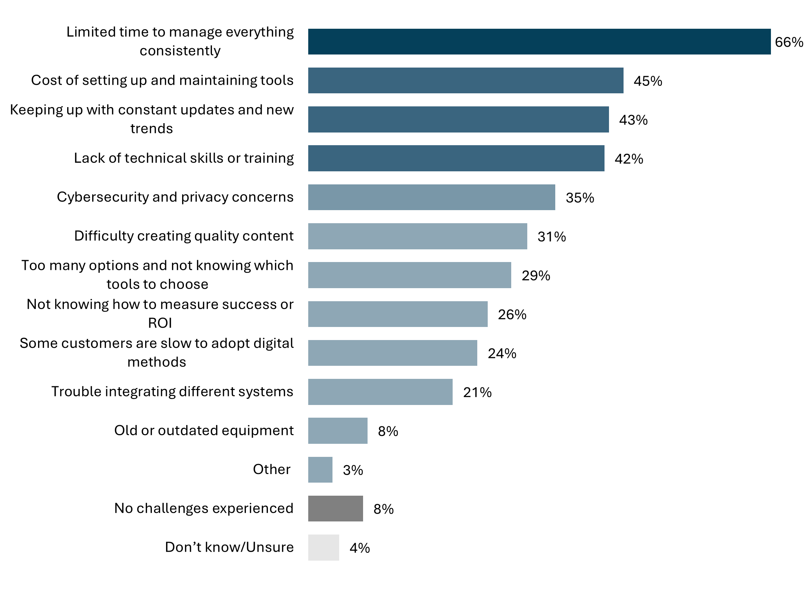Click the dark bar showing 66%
(539, 42)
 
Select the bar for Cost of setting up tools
(465, 81)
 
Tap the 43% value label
(633, 120)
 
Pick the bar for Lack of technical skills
(456, 158)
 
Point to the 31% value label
(552, 237)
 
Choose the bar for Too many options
(409, 275)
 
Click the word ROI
(160, 323)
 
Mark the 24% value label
(502, 353)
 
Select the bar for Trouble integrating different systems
(380, 392)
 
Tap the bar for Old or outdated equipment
(338, 431)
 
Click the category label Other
(271, 469)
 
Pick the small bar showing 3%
(320, 470)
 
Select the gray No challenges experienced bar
(335, 508)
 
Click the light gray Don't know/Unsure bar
(324, 548)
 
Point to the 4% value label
(359, 548)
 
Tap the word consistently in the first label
(180, 51)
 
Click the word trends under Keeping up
(152, 128)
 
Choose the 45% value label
(648, 81)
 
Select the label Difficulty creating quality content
(184, 236)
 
